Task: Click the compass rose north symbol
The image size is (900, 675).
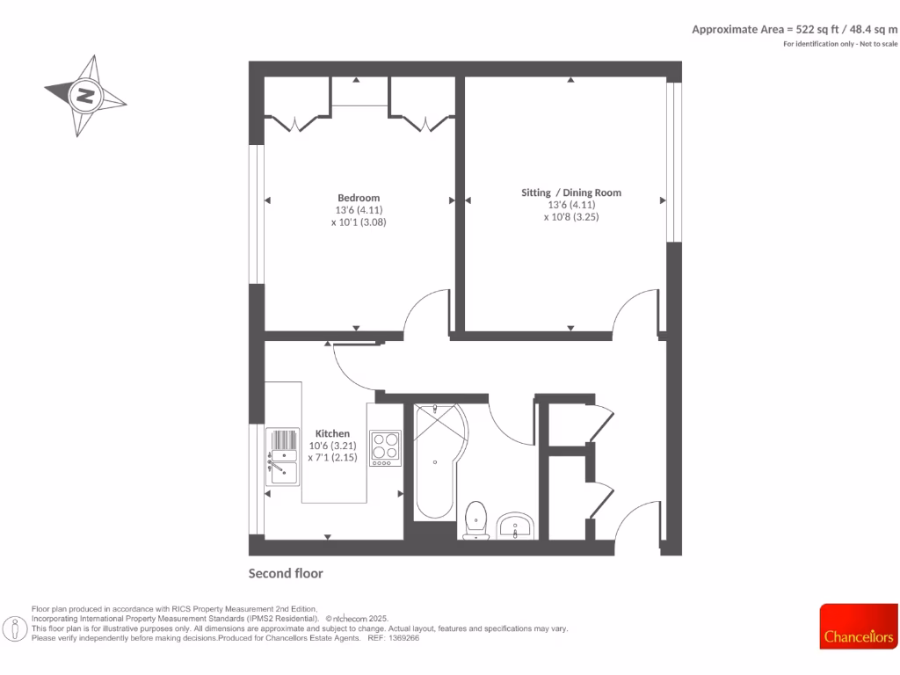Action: coord(85,95)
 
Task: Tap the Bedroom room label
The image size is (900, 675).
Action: coord(359,198)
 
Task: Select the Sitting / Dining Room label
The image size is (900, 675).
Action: coord(571,192)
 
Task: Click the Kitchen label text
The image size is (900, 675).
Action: coord(332,433)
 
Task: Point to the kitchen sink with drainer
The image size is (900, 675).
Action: coord(284,456)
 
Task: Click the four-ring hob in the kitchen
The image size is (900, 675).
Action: coord(385,446)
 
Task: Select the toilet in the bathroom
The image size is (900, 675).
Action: coord(475,519)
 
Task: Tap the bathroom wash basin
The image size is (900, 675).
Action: coord(514,526)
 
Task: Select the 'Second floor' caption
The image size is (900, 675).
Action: coord(286,574)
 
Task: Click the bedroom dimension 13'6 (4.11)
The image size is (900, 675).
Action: coord(359,210)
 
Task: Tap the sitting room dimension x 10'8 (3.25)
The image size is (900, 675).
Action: coord(570,217)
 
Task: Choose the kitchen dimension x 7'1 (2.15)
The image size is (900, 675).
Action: coord(332,458)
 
